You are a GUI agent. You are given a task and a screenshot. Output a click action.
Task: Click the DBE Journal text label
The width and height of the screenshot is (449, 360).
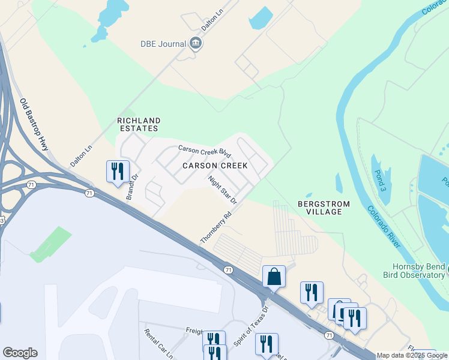pos(163,43)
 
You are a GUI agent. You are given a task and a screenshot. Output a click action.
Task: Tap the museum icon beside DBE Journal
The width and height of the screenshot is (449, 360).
pos(195,43)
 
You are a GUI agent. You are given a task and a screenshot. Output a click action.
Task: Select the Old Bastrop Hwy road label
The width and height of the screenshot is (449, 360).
pos(35,122)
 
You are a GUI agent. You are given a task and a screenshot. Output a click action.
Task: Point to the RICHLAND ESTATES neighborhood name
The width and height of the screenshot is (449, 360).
pos(137,124)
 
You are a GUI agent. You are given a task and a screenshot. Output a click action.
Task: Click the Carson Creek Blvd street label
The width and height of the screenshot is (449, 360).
pos(205,149)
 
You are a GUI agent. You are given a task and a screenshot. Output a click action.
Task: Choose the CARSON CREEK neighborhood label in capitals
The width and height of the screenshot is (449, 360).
pos(215,165)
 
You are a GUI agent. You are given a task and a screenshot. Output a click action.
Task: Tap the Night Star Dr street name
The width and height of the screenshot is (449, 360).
pos(223,189)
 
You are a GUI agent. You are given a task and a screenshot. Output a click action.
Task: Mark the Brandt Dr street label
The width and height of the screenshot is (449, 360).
pos(128,187)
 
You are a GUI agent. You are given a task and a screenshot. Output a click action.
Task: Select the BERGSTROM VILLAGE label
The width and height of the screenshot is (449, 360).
pos(324,208)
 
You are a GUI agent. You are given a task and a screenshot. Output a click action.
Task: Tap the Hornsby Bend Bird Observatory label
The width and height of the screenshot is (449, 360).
pos(418,271)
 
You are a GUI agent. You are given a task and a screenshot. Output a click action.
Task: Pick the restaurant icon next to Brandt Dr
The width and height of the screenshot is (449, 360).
pos(116,171)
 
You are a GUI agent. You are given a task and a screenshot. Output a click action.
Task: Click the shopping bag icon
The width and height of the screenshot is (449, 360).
pos(274,277)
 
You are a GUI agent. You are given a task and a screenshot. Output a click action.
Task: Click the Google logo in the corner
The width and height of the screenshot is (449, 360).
pos(20,353)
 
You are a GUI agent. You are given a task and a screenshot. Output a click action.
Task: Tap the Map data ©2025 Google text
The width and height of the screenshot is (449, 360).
pos(412,356)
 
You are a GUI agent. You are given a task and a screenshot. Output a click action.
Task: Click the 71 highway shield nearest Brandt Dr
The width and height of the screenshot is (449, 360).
pos(89,193)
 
